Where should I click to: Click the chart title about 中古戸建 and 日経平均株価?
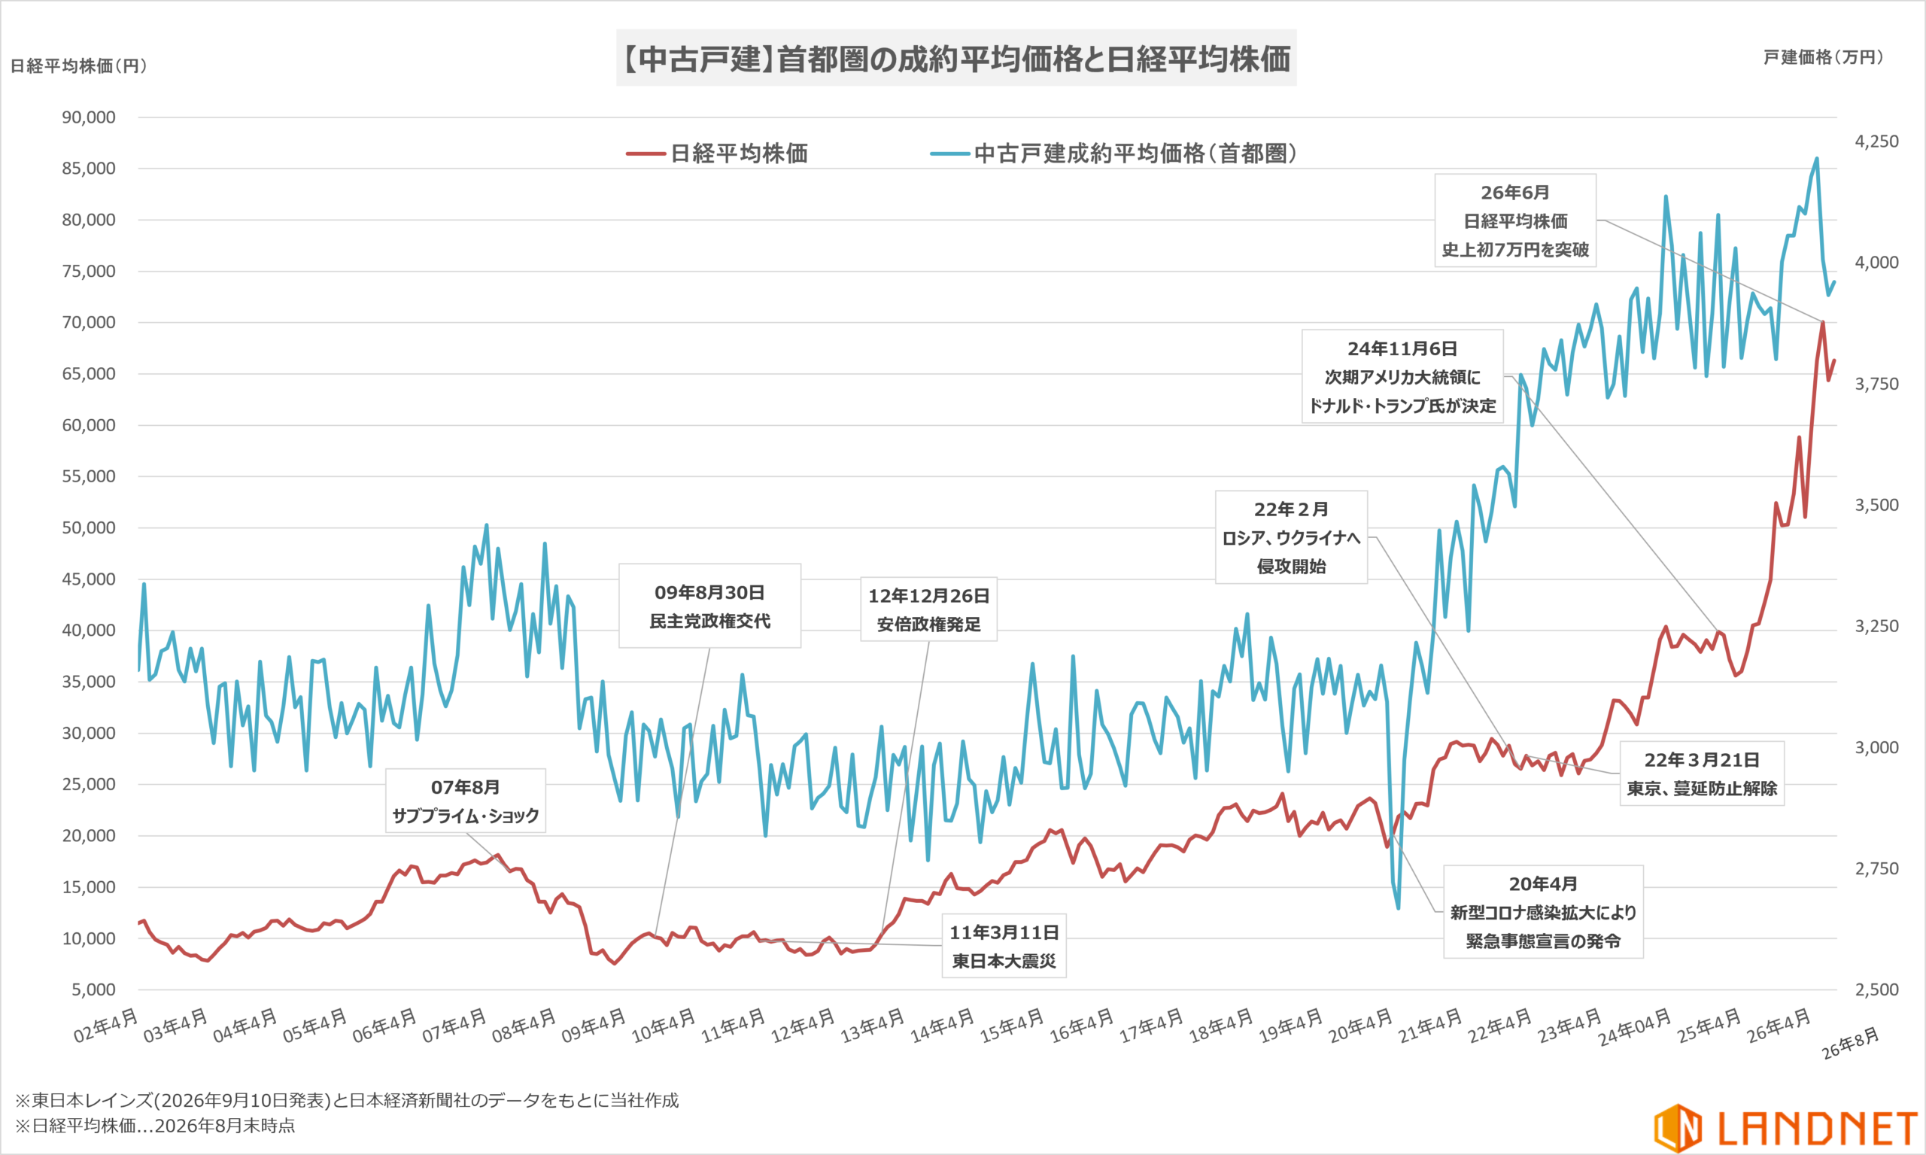(x=956, y=59)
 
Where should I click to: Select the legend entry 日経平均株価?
(x=717, y=153)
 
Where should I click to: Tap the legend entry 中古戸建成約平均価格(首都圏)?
(x=1113, y=153)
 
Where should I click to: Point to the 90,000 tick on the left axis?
(x=89, y=117)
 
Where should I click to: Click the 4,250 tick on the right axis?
(x=1877, y=141)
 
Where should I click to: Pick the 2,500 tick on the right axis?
(x=1877, y=989)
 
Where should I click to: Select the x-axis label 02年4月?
(x=106, y=1025)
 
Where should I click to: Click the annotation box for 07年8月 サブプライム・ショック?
(x=466, y=801)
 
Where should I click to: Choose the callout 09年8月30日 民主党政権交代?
(x=709, y=606)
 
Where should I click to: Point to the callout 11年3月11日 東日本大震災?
(x=1004, y=946)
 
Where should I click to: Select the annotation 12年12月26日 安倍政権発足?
(x=928, y=609)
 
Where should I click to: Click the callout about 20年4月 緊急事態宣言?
(x=1543, y=911)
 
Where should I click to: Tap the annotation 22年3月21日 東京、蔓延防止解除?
(x=1702, y=774)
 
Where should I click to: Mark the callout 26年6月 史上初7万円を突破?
(x=1515, y=220)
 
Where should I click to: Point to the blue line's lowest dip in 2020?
(x=1399, y=907)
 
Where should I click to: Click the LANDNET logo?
(x=1786, y=1128)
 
